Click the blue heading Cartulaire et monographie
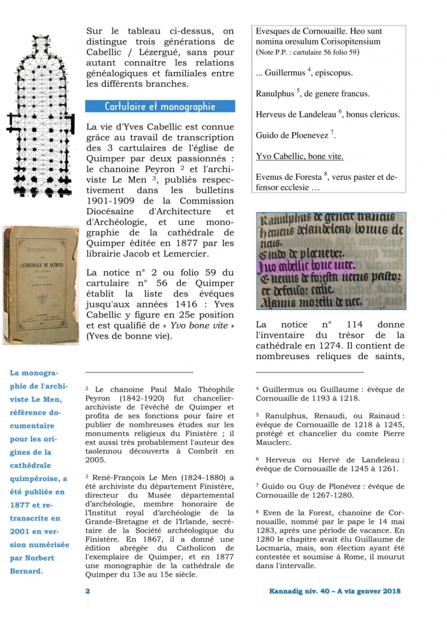click(160, 107)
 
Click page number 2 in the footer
click(87, 591)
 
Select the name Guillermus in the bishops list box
click(285, 73)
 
